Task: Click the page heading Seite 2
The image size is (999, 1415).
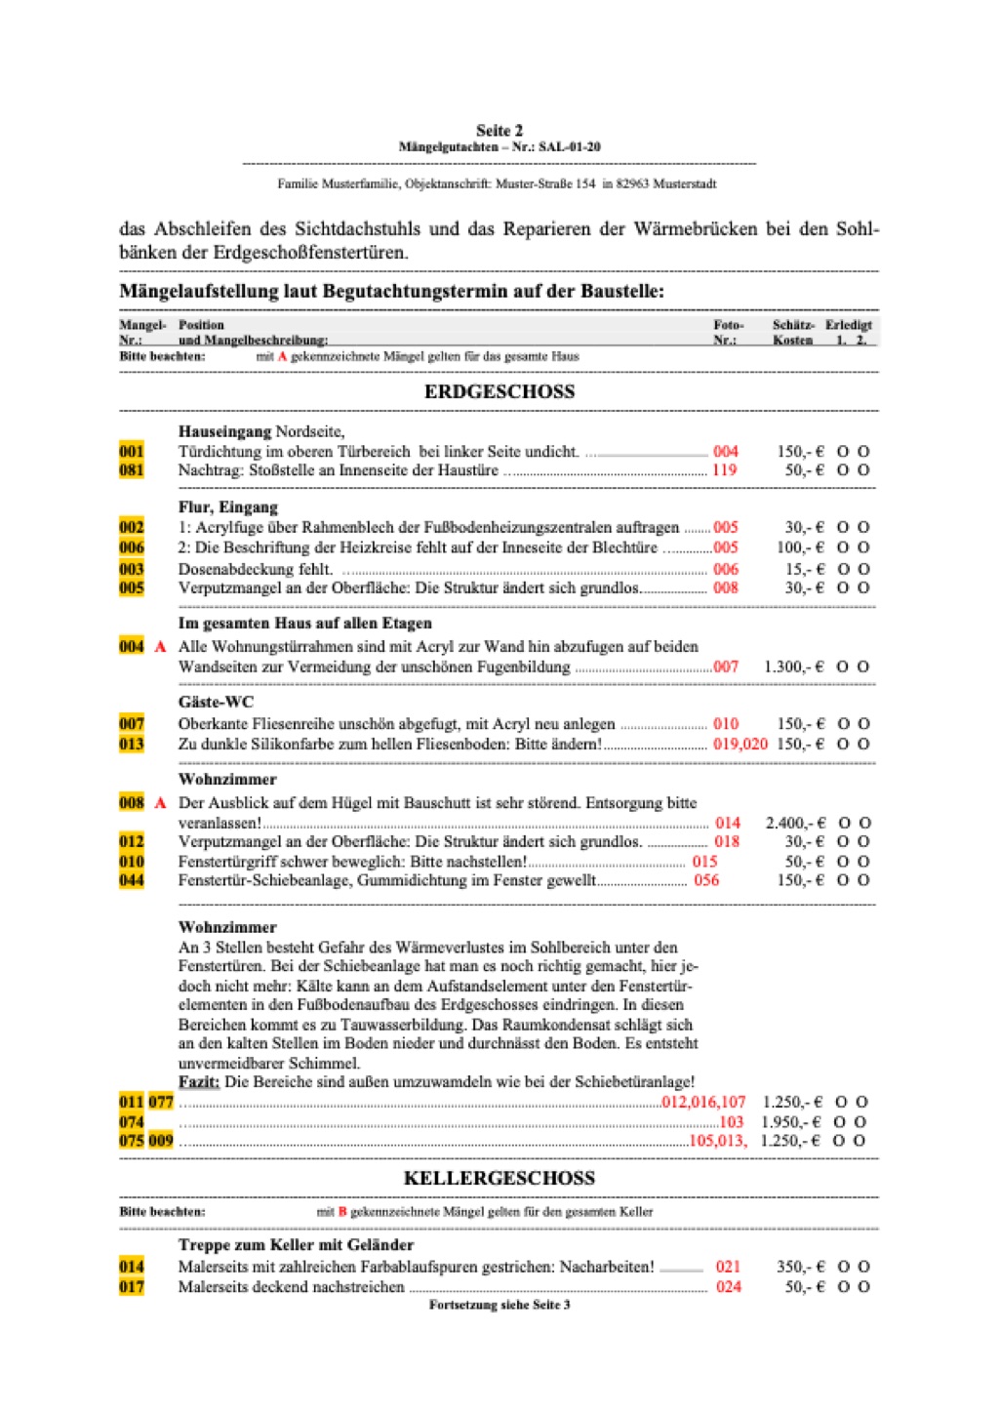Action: pos(499,130)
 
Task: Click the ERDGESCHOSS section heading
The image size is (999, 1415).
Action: pos(499,392)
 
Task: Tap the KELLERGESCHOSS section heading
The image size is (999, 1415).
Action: pos(499,1178)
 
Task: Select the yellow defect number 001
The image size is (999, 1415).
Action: pos(132,452)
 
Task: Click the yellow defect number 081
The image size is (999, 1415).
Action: pos(132,470)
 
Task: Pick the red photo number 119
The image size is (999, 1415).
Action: pos(725,470)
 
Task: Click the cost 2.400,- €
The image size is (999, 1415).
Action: pos(795,824)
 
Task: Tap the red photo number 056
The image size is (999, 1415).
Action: pos(706,880)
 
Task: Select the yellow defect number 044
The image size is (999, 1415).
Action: pos(132,880)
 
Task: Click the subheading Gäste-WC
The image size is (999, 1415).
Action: pos(216,702)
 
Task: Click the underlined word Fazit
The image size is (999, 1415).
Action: pos(199,1082)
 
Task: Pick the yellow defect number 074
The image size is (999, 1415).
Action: pos(132,1122)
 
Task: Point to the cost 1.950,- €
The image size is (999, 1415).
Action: pos(791,1122)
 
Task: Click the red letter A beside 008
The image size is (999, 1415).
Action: pos(160,803)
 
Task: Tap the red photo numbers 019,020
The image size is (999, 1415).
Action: pos(740,744)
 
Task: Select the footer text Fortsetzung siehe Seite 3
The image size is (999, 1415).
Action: pos(499,1305)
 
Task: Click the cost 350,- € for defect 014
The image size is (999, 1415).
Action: pos(800,1267)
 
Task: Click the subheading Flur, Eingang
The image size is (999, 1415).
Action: pos(228,507)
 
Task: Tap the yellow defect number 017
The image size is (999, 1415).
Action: pos(132,1287)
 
